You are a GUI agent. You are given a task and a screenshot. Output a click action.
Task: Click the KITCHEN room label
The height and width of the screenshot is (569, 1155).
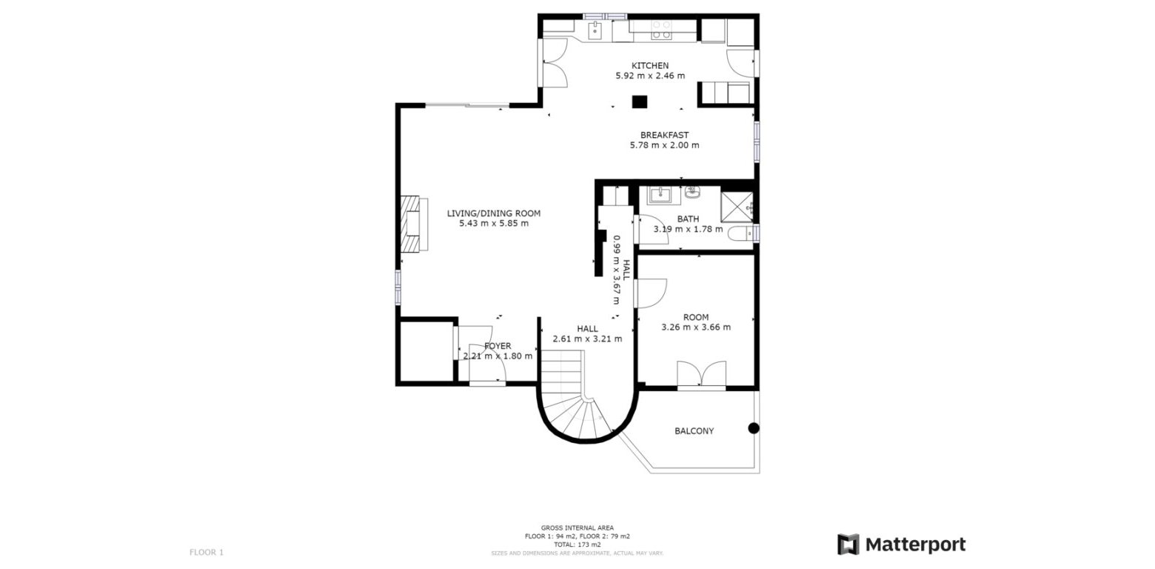649,66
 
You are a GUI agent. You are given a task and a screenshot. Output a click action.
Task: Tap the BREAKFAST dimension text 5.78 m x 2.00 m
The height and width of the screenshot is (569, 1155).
664,145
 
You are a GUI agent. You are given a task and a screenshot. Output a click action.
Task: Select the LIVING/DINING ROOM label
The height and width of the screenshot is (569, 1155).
493,213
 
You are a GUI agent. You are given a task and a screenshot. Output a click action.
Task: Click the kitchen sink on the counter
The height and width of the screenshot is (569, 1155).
595,30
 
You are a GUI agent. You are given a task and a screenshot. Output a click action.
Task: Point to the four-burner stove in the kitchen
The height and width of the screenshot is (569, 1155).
661,30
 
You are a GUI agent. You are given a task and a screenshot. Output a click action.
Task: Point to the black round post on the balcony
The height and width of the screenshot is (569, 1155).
754,427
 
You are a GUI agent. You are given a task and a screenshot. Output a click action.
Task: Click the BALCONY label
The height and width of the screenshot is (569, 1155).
694,431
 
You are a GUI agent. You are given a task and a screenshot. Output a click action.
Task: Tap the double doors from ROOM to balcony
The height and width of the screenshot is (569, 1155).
701,375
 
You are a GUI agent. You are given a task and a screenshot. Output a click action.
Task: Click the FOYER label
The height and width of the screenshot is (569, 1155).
498,346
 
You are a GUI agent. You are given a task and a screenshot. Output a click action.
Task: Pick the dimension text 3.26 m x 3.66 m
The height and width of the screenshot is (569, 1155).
695,327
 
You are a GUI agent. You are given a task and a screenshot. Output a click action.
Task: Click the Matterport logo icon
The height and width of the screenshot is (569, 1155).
848,545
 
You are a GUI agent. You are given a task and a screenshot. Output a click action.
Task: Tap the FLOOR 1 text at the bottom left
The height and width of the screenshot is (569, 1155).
206,552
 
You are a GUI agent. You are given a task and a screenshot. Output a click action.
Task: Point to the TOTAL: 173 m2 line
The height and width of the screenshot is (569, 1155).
577,545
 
